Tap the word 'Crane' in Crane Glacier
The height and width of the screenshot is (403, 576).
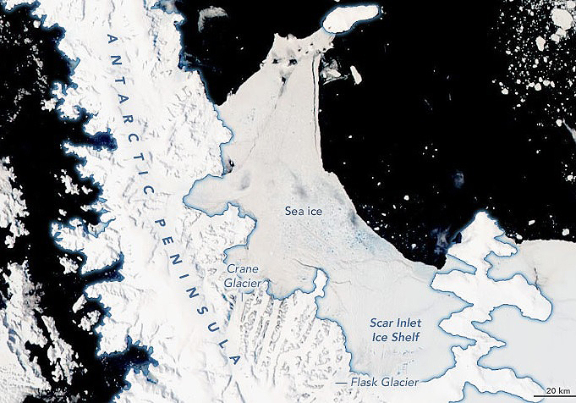coord(240,269)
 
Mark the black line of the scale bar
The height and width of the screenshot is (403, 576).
coord(554,397)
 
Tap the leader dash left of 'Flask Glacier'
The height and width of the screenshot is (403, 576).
coord(341,382)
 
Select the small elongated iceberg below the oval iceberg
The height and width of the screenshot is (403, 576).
coord(356,75)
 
